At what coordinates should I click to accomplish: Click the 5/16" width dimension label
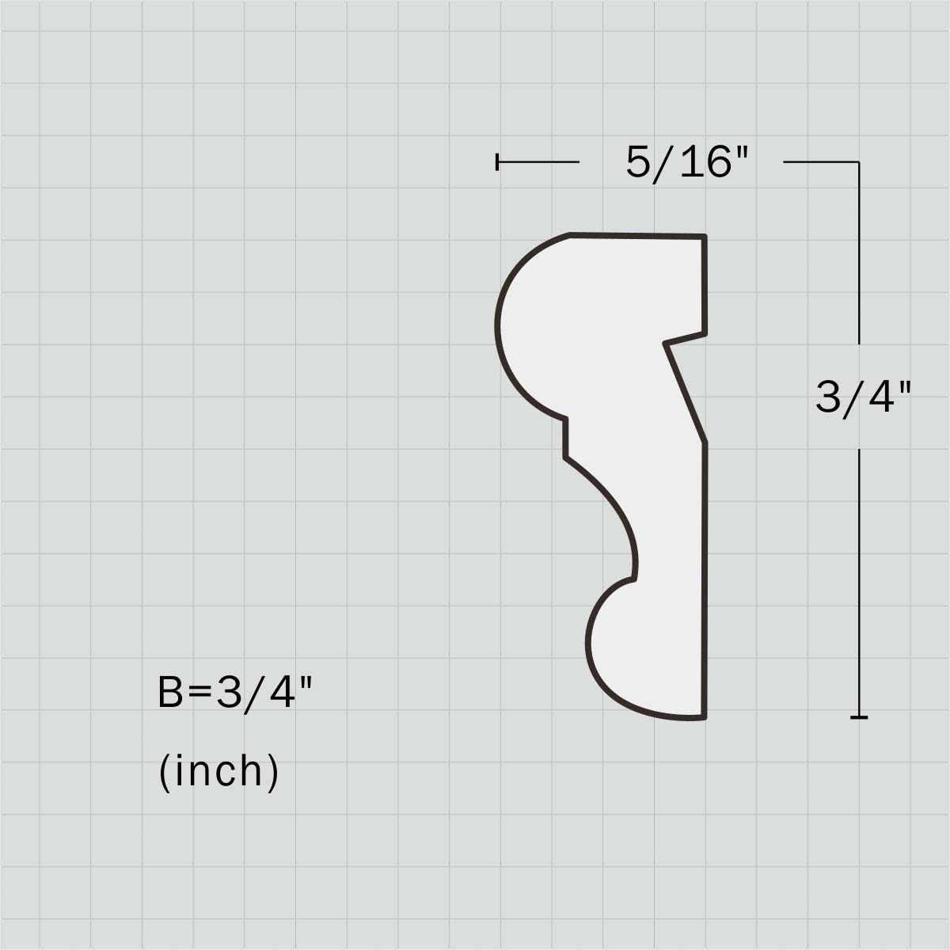pyautogui.click(x=687, y=163)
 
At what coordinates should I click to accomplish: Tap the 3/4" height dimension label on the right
pyautogui.click(x=862, y=397)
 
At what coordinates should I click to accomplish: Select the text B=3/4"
pyautogui.click(x=234, y=693)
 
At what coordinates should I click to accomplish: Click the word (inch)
pyautogui.click(x=218, y=772)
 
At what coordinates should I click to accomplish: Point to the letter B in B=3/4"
pyautogui.click(x=170, y=692)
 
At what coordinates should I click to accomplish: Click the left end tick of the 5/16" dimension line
pyautogui.click(x=497, y=161)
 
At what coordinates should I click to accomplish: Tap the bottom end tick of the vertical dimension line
pyautogui.click(x=859, y=717)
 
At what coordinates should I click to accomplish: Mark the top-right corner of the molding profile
pyautogui.click(x=705, y=237)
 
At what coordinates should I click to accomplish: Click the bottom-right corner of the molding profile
pyautogui.click(x=705, y=717)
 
